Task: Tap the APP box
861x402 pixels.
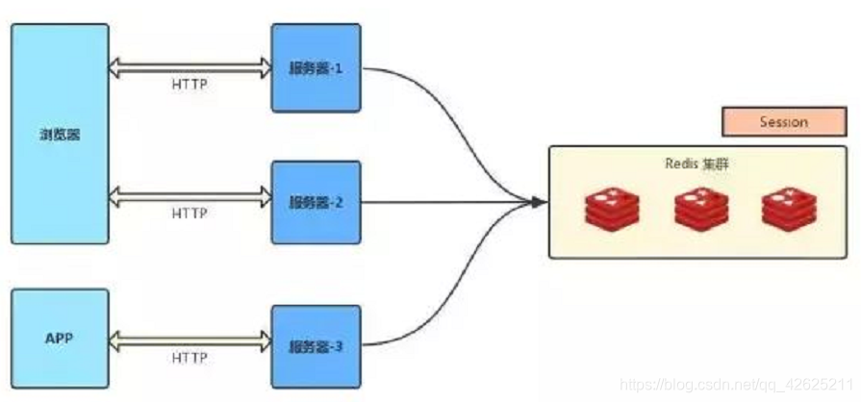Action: pyautogui.click(x=60, y=339)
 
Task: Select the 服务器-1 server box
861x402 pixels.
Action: pyautogui.click(x=316, y=68)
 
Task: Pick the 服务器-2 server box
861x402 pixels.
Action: pyautogui.click(x=316, y=203)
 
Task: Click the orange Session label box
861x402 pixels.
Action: pyautogui.click(x=783, y=122)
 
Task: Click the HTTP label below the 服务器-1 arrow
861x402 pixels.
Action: pyautogui.click(x=189, y=84)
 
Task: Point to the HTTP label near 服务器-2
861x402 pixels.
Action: pyautogui.click(x=189, y=214)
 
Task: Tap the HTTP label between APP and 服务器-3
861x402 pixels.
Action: pyautogui.click(x=189, y=358)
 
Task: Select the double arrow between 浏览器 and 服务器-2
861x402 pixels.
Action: pyautogui.click(x=190, y=197)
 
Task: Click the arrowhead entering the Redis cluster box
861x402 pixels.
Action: pyautogui.click(x=539, y=202)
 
